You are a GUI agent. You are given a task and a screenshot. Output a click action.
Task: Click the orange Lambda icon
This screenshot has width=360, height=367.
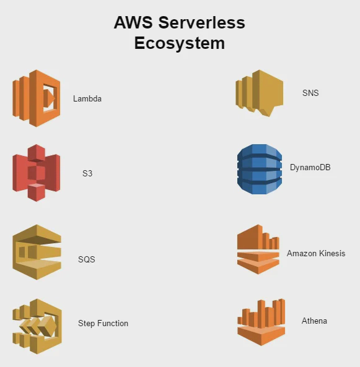36,98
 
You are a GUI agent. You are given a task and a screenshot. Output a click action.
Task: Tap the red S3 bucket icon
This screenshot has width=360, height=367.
36,173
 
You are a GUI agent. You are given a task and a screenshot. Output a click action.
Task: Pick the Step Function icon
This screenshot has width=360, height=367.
37,322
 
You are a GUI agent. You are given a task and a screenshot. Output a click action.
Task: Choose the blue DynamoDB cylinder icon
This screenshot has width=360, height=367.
260,169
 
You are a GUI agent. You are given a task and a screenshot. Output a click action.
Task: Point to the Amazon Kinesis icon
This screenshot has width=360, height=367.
258,249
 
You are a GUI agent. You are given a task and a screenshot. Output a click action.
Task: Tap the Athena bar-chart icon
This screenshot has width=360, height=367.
261,322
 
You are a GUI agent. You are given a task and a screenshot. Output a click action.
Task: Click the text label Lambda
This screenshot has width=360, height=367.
87,98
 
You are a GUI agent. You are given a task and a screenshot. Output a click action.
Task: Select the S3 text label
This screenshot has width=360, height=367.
87,174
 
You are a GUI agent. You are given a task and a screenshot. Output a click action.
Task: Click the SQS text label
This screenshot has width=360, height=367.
87,259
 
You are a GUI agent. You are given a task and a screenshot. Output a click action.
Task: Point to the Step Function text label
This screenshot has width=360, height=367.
103,323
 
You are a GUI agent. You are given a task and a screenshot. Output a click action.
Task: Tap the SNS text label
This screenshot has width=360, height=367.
310,93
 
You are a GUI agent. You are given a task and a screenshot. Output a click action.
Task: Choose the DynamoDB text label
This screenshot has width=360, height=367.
310,167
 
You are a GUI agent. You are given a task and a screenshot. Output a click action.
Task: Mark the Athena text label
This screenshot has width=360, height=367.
314,321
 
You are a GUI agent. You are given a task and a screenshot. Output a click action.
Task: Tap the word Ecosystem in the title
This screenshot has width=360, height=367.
179,43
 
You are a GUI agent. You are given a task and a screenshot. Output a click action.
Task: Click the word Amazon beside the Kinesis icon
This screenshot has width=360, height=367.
301,253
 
